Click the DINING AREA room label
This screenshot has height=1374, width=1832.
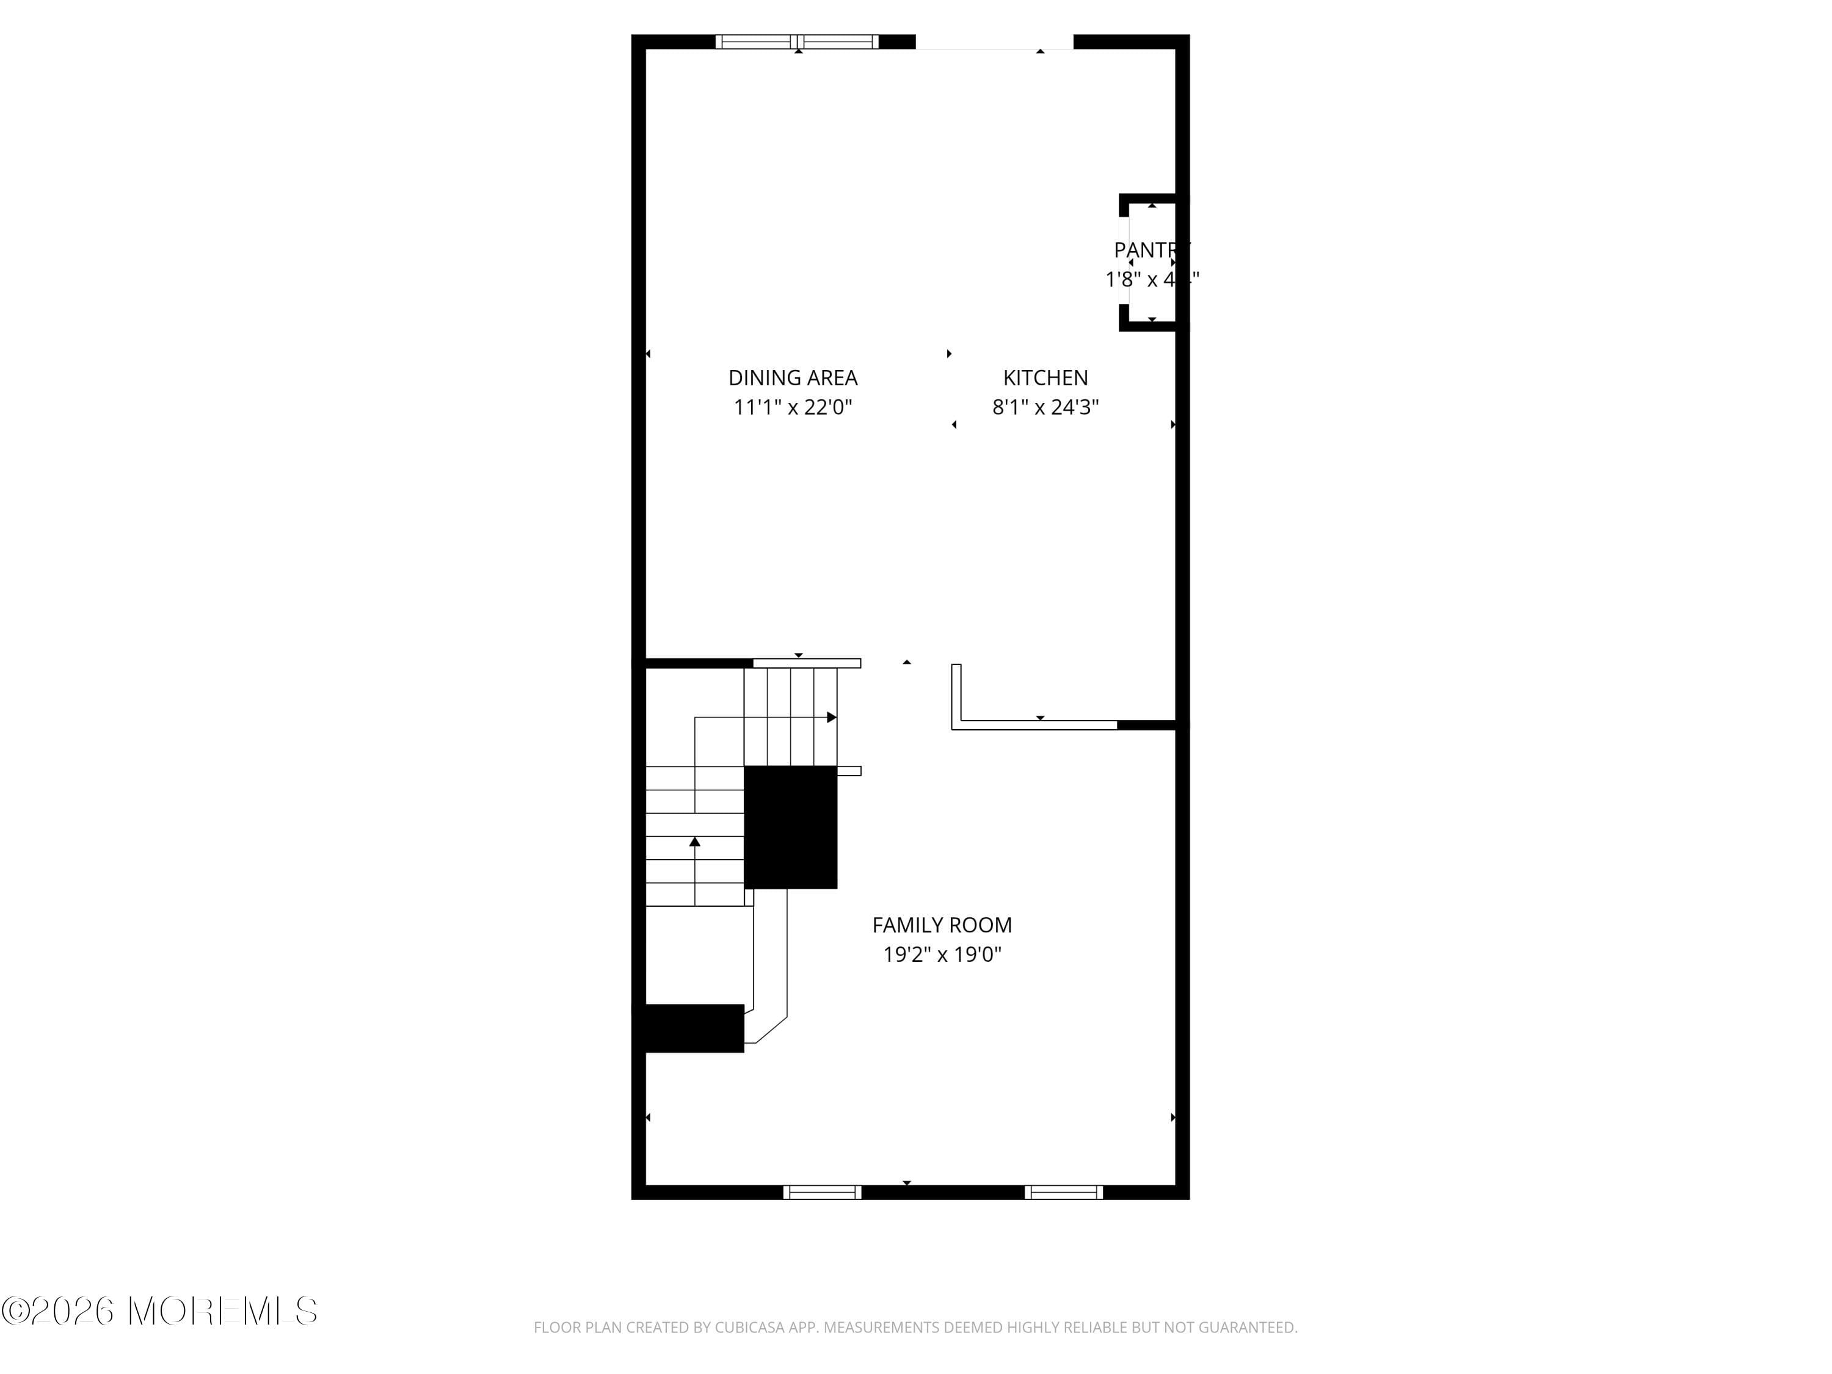[793, 377]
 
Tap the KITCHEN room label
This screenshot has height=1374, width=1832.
[1045, 377]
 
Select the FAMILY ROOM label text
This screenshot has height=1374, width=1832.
[942, 925]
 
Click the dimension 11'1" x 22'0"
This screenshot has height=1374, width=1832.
[793, 407]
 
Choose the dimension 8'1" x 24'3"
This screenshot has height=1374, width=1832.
[1045, 407]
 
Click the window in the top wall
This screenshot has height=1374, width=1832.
[797, 42]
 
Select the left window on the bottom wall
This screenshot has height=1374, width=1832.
[821, 1192]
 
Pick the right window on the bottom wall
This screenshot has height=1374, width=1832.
[1063, 1192]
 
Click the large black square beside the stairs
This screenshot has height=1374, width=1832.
[790, 827]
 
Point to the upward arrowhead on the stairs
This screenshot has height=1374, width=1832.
[695, 842]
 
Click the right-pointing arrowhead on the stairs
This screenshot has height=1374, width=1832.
[832, 718]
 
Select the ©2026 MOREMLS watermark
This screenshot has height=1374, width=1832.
[159, 1311]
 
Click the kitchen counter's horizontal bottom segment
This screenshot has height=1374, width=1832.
[1035, 725]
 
